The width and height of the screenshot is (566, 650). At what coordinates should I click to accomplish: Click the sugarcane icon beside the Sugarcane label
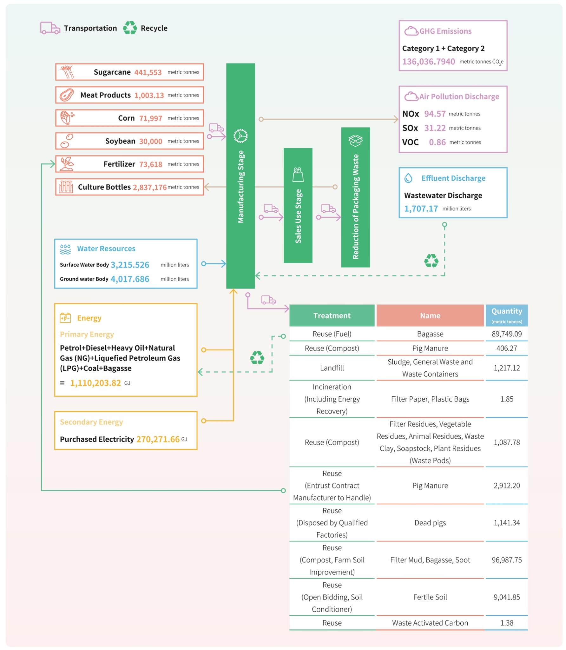[x=67, y=72]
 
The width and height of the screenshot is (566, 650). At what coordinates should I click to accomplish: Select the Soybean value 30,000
[x=151, y=141]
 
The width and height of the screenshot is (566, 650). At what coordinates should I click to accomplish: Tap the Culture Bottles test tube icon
[x=66, y=187]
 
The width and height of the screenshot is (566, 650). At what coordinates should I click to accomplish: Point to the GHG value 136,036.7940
[x=428, y=62]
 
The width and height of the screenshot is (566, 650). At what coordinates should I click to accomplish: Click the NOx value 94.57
[x=435, y=114]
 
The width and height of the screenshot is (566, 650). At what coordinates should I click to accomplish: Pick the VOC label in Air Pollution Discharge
[x=410, y=142]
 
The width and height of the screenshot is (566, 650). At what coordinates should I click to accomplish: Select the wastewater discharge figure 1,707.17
[x=421, y=209]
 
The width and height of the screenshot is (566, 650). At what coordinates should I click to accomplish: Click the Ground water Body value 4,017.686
[x=130, y=279]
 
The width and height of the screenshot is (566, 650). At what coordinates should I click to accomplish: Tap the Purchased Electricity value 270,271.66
[x=158, y=439]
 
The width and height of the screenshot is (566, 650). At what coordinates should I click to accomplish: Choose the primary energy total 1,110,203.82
[x=95, y=383]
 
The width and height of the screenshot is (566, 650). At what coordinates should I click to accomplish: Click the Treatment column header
[x=332, y=315]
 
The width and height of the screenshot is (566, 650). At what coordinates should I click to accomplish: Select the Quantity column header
[x=507, y=315]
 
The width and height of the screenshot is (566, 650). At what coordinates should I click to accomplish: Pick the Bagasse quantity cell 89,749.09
[x=507, y=334]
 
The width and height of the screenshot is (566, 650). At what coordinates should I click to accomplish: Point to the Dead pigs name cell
[x=430, y=523]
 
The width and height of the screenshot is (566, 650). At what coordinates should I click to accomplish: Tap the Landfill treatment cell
[x=332, y=368]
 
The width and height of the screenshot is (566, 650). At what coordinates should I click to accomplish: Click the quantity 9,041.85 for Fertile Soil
[x=507, y=597]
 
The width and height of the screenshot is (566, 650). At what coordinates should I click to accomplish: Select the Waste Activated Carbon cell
[x=430, y=623]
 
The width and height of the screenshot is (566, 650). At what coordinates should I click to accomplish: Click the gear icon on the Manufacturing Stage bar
[x=240, y=136]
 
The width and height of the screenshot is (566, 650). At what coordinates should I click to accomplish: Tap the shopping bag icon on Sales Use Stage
[x=298, y=175]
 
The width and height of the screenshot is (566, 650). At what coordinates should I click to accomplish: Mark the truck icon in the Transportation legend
[x=50, y=28]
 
